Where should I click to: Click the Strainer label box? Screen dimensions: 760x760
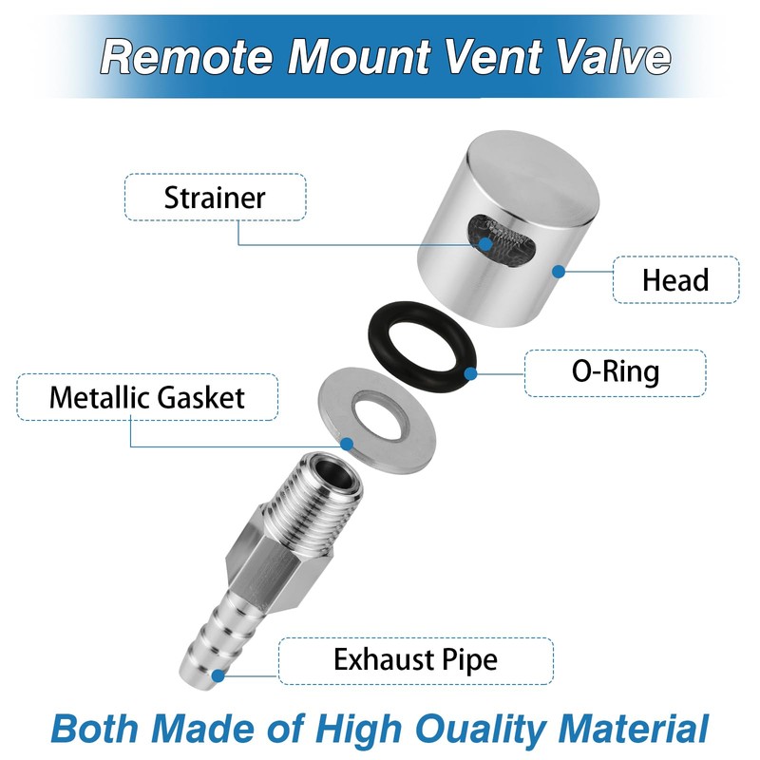pos(215,198)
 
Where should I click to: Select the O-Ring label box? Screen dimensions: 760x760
pos(615,372)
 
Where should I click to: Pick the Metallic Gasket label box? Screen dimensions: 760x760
pos(147,397)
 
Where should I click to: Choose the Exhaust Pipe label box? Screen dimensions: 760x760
pos(415,659)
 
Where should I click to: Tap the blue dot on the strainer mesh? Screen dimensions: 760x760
pos(487,244)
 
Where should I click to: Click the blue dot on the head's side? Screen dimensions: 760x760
pos(560,272)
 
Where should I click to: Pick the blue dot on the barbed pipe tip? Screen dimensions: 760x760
pos(219,676)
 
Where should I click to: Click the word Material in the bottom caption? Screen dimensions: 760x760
pos(631,729)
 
